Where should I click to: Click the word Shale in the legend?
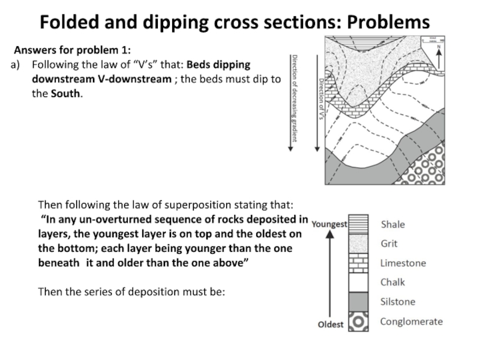tap(393, 224)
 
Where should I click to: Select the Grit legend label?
tap(389, 244)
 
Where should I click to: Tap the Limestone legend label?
tap(403, 263)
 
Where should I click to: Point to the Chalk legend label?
tap(392, 282)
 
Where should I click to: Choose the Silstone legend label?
tap(398, 302)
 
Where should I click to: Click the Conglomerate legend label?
tap(411, 321)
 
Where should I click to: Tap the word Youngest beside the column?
tap(329, 224)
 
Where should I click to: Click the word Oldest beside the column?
tap(331, 325)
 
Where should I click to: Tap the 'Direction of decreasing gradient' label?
tap(294, 98)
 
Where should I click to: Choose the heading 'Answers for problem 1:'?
tap(72, 50)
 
